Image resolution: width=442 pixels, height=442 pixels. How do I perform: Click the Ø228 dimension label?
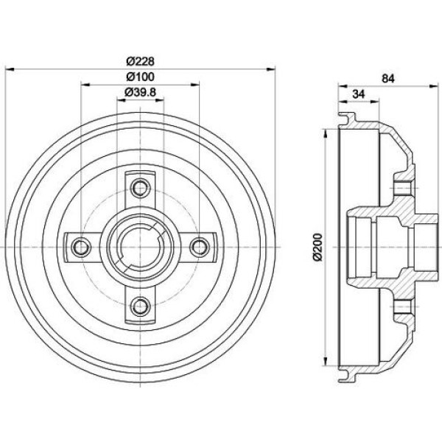tap(141, 61)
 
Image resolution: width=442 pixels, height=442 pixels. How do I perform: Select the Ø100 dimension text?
tap(141, 77)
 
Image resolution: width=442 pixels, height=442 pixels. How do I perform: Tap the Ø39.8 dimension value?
tap(141, 92)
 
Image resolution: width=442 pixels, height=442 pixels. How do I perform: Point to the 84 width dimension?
tap(388, 79)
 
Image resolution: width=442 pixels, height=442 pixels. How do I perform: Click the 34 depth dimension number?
tap(359, 94)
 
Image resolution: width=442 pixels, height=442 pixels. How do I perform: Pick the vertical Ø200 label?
tap(318, 248)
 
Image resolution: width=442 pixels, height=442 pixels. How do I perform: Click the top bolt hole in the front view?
tap(140, 187)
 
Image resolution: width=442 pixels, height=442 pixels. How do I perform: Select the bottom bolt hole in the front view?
tap(140, 306)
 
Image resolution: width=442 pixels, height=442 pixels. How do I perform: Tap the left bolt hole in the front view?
tap(81, 248)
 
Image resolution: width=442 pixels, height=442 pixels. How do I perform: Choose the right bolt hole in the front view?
tap(200, 248)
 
